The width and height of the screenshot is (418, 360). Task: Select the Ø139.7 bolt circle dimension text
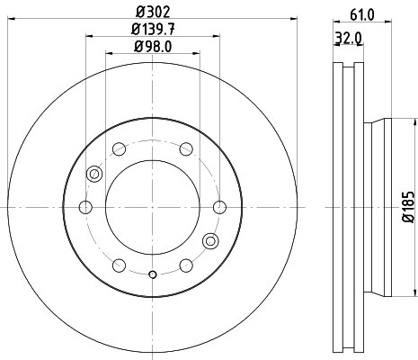point(151,30)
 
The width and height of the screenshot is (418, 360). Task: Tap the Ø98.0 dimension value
point(151,46)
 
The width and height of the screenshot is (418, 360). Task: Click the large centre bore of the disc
point(152,207)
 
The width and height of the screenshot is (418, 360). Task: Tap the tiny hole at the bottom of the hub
point(152,274)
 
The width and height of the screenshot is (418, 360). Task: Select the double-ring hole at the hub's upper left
point(93,174)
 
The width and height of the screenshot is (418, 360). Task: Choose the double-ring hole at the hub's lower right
point(210,240)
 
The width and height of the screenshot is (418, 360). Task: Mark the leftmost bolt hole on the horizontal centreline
point(85,208)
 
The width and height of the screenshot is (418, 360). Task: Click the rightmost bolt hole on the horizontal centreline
point(218,208)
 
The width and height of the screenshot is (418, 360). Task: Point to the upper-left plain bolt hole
point(119,149)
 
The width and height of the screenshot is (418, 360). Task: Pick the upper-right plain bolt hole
point(185,149)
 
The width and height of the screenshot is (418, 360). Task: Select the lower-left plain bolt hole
point(119,265)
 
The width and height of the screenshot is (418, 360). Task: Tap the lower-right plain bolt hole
point(185,265)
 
